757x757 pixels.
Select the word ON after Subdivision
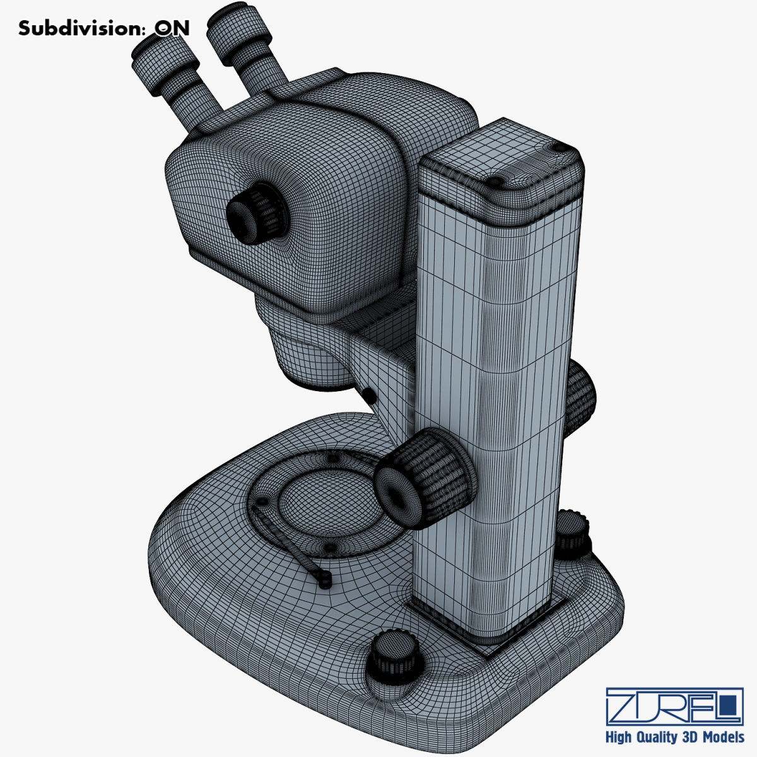point(172,28)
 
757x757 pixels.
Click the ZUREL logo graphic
point(674,707)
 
